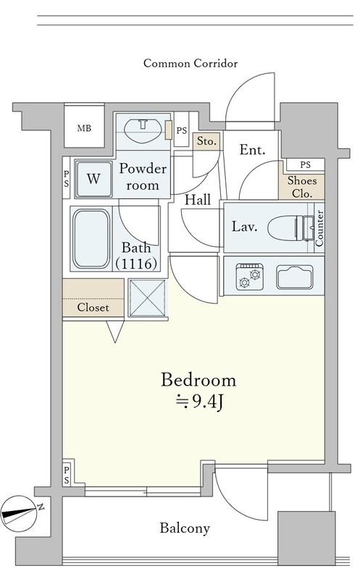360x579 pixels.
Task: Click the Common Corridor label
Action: (191, 64)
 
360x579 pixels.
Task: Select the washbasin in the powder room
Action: (143, 130)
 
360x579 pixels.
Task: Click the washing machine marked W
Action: (94, 179)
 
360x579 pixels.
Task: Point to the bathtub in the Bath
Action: (91, 239)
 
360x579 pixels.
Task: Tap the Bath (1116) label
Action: (136, 255)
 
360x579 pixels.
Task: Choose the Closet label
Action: (93, 307)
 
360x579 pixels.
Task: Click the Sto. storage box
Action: (206, 141)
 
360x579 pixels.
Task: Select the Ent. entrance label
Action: (253, 150)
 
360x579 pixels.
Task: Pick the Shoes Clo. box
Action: (302, 187)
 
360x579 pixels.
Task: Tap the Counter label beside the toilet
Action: (319, 228)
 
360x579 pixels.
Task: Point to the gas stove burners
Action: (250, 276)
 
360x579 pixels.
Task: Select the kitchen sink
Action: (295, 277)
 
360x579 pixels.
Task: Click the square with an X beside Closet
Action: (148, 298)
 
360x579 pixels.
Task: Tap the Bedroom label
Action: (198, 380)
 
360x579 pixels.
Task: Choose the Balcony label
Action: (185, 528)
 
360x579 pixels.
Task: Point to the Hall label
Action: (198, 200)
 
